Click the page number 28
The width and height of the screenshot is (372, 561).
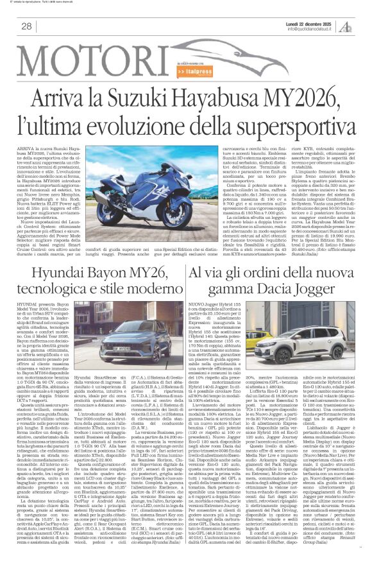click(26, 26)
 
